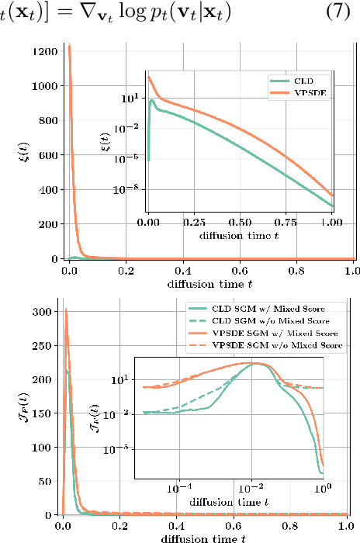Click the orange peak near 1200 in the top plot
tap(69, 46)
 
